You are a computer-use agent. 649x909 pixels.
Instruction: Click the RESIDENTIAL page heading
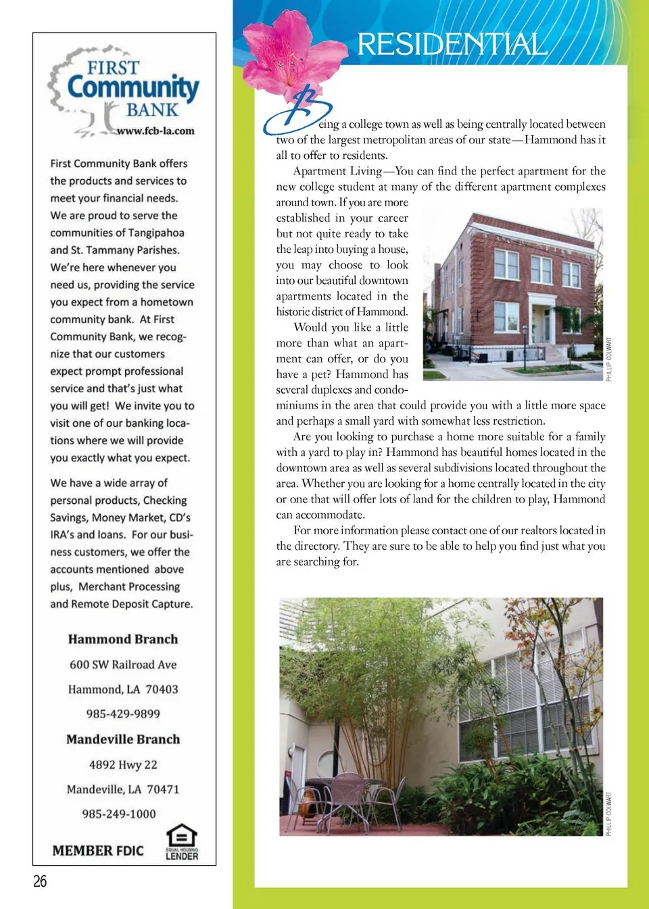coord(452,45)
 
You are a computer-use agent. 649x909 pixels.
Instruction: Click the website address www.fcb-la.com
coord(155,131)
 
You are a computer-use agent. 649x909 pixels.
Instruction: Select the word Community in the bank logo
coord(133,89)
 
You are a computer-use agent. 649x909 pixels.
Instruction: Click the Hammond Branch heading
coord(123,639)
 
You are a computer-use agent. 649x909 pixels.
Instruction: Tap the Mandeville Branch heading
coord(123,739)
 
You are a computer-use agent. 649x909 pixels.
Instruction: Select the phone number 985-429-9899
coord(123,714)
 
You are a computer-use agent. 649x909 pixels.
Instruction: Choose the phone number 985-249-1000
coord(119,814)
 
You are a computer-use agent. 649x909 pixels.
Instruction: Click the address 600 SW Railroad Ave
coord(123,665)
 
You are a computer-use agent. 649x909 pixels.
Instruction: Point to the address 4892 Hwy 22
coord(123,765)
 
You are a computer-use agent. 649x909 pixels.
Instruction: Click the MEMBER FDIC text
coord(98,851)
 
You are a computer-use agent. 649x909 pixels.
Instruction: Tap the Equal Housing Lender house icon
coord(182,836)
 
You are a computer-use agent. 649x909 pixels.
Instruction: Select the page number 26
coord(40,881)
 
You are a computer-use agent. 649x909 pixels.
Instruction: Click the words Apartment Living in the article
coord(337,171)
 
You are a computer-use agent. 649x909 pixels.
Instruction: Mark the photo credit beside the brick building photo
coord(609,359)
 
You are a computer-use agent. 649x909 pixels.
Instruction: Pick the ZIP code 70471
coord(163,789)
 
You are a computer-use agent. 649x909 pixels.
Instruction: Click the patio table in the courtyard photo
coord(345,785)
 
